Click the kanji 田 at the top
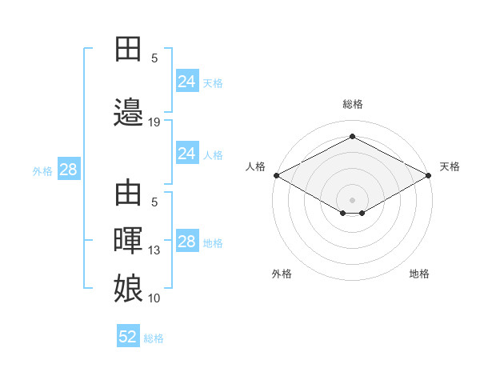pyautogui.click(x=128, y=49)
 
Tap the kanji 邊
pyautogui.click(x=128, y=112)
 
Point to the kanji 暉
pyautogui.click(x=128, y=241)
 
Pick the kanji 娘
pyautogui.click(x=128, y=288)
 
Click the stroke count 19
pyautogui.click(x=154, y=122)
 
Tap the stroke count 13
pyautogui.click(x=154, y=250)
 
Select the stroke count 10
pyautogui.click(x=154, y=298)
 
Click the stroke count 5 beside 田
pyautogui.click(x=154, y=58)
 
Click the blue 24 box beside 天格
pyautogui.click(x=187, y=81)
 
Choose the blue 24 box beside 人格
pyautogui.click(x=187, y=153)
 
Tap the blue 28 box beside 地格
pyautogui.click(x=187, y=240)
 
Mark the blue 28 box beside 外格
pyautogui.click(x=69, y=169)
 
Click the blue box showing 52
pyautogui.click(x=128, y=335)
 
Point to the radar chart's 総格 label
pyautogui.click(x=353, y=104)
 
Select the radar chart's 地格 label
pyautogui.click(x=419, y=274)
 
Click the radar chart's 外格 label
pyautogui.click(x=282, y=274)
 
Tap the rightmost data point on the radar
pyautogui.click(x=429, y=175)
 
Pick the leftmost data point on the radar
pyautogui.click(x=277, y=175)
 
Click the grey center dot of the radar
pyautogui.click(x=352, y=200)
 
